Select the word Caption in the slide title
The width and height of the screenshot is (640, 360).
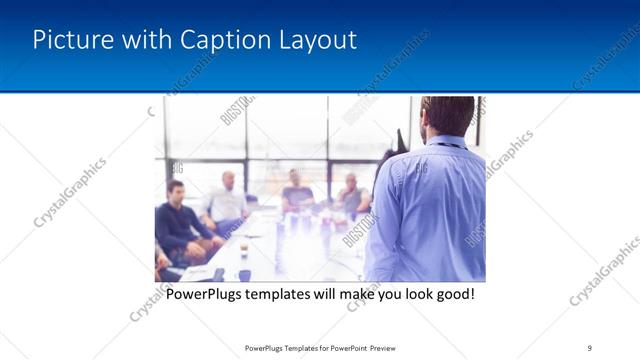(x=219, y=40)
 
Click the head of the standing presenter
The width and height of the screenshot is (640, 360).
(x=447, y=117)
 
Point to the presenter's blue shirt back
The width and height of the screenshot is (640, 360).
(x=430, y=210)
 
